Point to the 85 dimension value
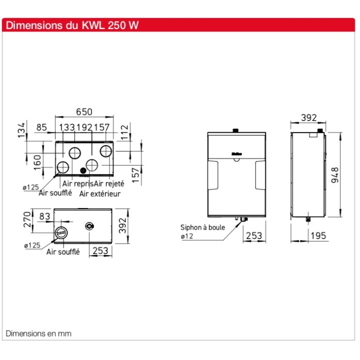41,128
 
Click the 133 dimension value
67,128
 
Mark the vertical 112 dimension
125,130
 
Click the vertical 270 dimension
28,219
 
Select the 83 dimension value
44,216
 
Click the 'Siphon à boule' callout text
202,227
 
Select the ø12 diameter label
187,236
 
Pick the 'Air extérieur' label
100,193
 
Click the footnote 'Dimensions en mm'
38,333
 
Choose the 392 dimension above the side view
308,118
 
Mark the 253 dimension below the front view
254,236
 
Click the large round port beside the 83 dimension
61,232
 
